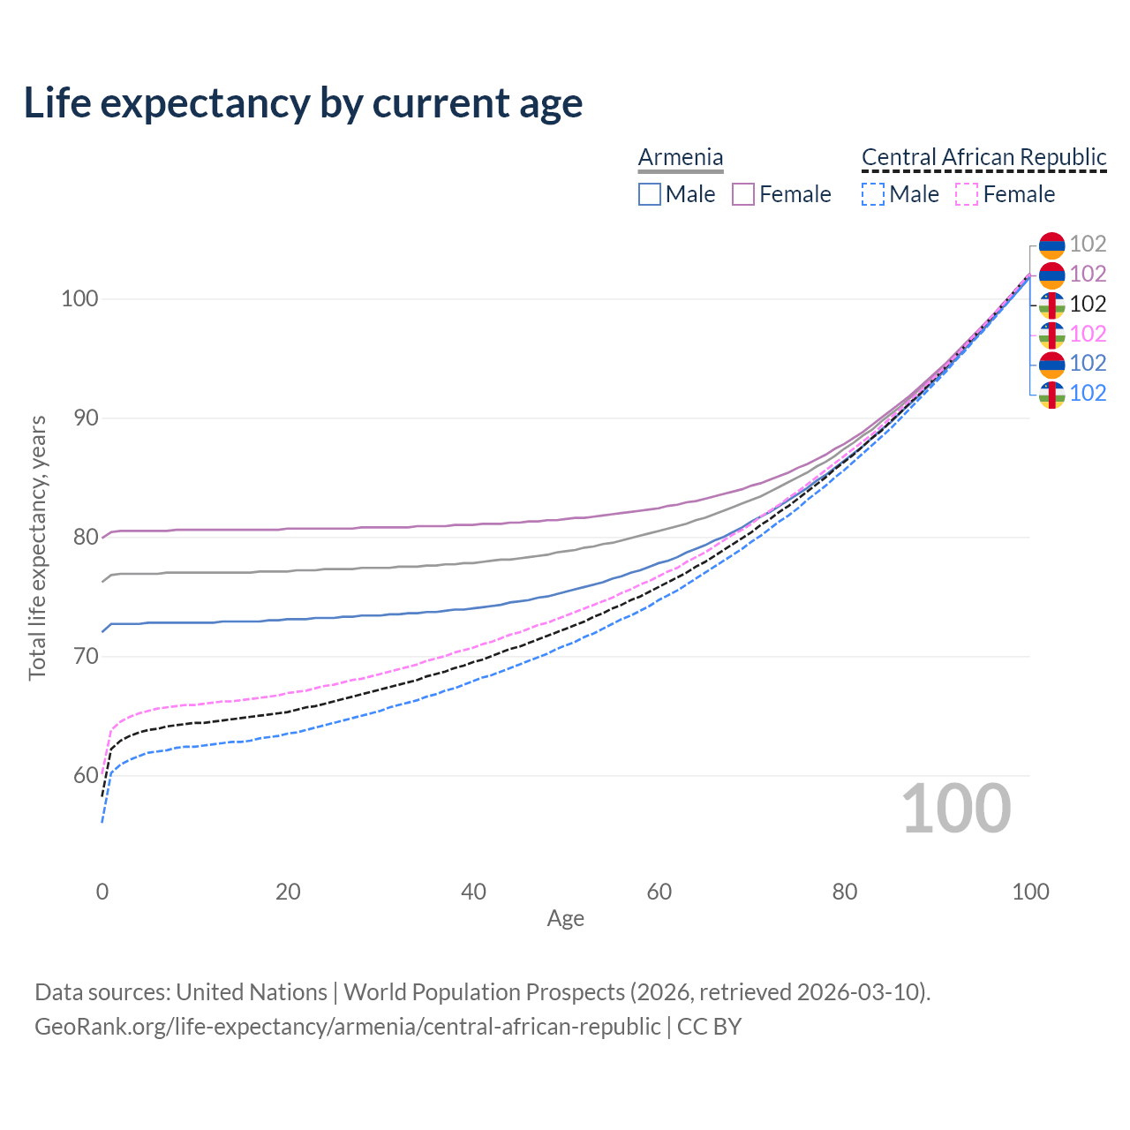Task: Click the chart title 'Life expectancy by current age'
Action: click(303, 102)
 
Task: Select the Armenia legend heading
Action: click(681, 157)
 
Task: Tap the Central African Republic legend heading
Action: click(983, 157)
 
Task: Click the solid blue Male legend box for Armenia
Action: click(650, 194)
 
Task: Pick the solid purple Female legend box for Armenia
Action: click(743, 194)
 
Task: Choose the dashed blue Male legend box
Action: click(873, 194)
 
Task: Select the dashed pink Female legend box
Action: click(967, 194)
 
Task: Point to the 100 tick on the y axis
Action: click(79, 298)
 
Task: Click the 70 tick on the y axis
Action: click(79, 656)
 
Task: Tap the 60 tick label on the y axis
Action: click(79, 775)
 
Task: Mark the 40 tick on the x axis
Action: click(473, 892)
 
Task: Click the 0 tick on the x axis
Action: click(102, 892)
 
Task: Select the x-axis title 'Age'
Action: click(565, 918)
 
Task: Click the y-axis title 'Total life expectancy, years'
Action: click(37, 548)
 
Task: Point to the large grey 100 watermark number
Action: click(956, 808)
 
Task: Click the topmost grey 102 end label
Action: click(1088, 244)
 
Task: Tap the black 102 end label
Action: click(1088, 304)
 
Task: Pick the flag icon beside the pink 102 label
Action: click(1051, 334)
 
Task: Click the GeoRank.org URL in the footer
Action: click(347, 1027)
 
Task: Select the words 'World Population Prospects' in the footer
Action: click(484, 991)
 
